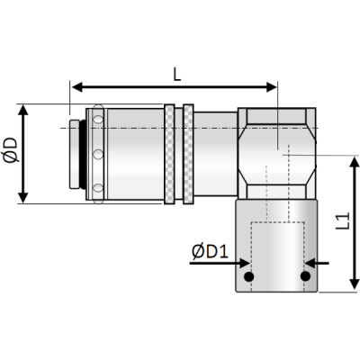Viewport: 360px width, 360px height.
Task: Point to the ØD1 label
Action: [208, 254]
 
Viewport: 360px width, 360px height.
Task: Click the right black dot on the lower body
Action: [306, 275]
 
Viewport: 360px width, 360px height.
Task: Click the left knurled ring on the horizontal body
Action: [171, 154]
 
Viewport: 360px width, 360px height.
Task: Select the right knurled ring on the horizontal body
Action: [188, 154]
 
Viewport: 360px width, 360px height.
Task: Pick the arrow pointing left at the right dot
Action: [320, 264]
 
